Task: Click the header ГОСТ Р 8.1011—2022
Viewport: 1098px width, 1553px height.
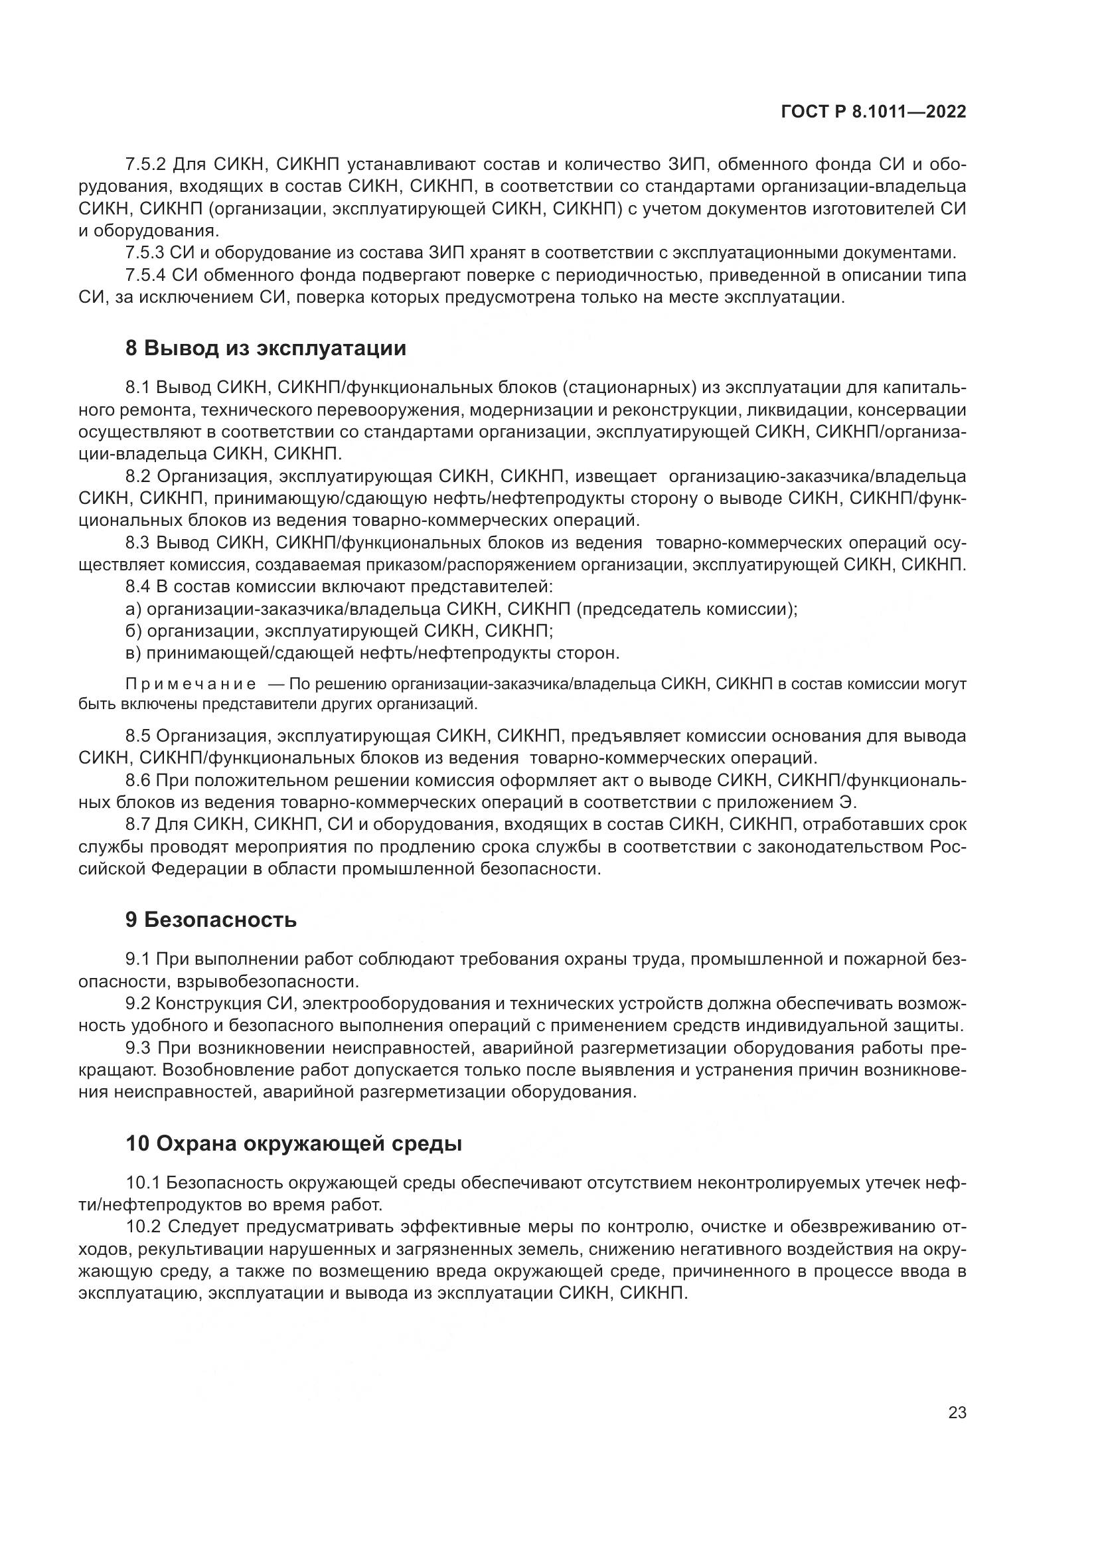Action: tap(874, 112)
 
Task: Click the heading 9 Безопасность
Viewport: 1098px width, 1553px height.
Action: tap(211, 920)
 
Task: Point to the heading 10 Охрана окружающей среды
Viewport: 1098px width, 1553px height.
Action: tap(293, 1144)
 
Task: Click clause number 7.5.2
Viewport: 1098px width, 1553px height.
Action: tap(145, 165)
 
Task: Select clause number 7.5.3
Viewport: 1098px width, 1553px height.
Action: tap(145, 253)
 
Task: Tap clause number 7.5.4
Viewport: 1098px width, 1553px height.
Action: tap(145, 276)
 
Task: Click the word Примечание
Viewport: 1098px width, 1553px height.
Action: tap(191, 684)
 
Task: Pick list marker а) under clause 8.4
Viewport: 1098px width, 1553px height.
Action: tap(133, 609)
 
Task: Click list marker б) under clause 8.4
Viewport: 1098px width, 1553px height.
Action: tap(133, 631)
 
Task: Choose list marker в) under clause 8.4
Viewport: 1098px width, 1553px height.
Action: tap(133, 653)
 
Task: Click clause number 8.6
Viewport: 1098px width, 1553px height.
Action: tap(137, 781)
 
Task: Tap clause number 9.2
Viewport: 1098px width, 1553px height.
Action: tap(137, 1003)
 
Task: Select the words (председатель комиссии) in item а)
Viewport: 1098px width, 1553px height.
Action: tap(686, 609)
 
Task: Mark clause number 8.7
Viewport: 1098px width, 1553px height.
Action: tap(137, 825)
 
